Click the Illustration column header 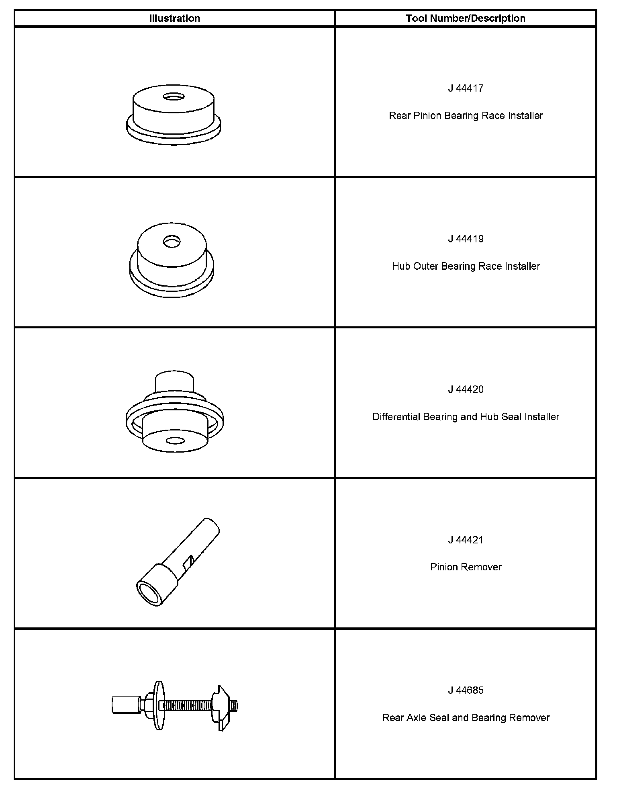174,18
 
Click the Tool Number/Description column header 466,18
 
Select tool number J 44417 466,88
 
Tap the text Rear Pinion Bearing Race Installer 466,116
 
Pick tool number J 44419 466,239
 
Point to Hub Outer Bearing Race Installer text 466,266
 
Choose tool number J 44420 466,389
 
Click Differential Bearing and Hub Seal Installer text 466,417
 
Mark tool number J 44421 466,540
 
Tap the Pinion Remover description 466,567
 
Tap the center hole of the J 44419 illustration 172,242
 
